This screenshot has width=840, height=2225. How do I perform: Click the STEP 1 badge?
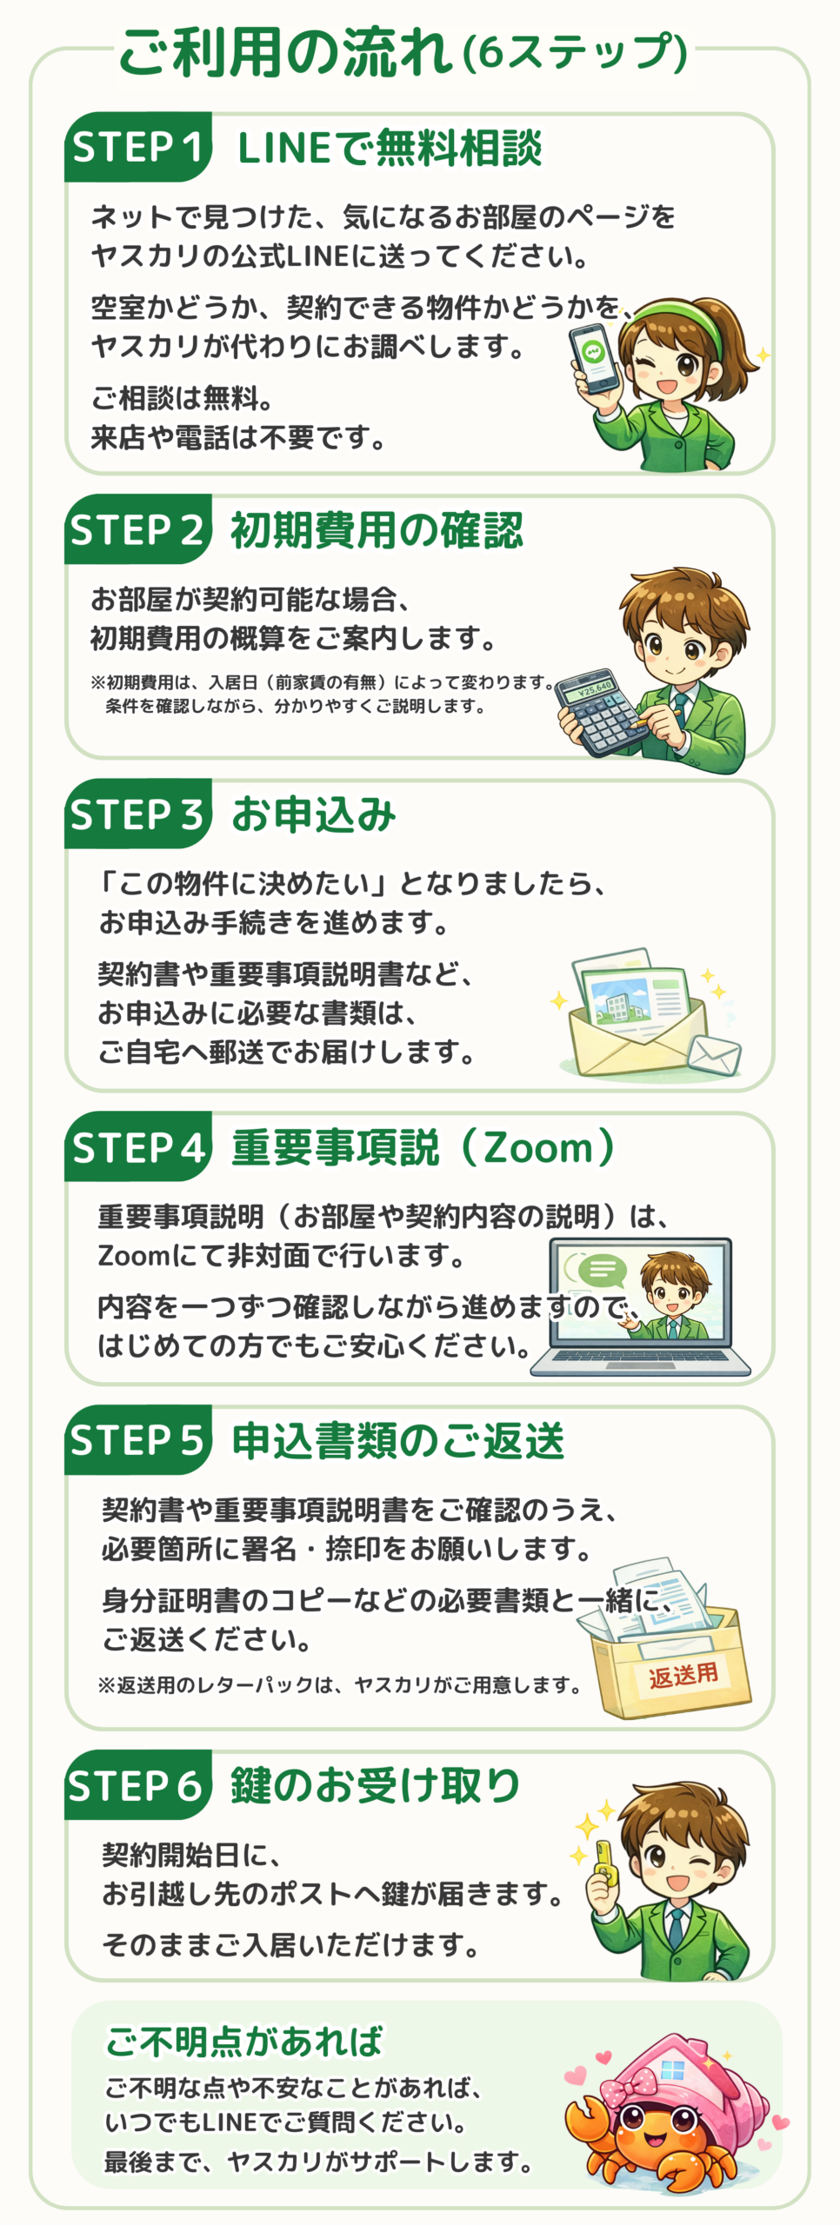[137, 147]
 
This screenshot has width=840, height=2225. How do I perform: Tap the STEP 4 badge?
[137, 1147]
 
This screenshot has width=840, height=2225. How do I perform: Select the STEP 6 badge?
[137, 1786]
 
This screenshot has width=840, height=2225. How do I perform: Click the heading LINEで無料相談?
[390, 148]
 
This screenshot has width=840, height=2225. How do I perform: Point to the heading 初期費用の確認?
[377, 530]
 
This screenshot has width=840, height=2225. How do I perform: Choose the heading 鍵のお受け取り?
[375, 1785]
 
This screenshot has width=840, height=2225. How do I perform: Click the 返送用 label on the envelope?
[683, 1674]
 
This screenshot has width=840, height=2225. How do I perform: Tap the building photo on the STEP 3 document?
[619, 1000]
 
